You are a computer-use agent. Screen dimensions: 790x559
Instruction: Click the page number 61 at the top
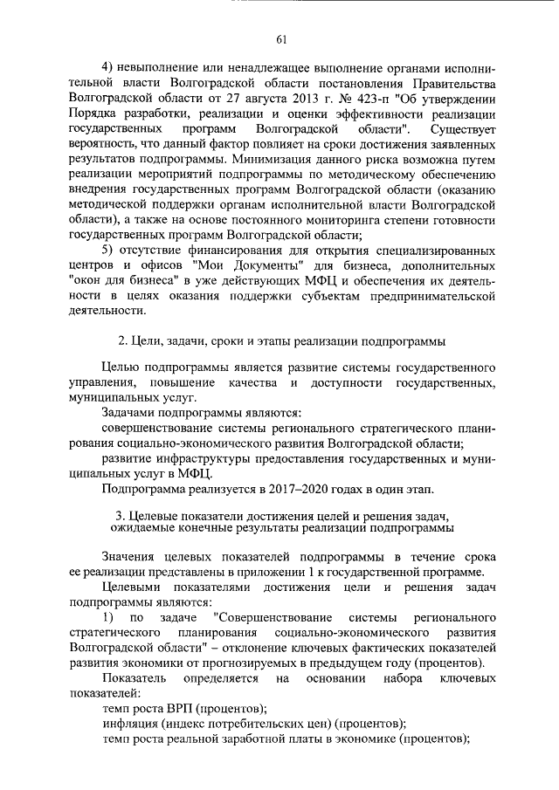pyautogui.click(x=280, y=38)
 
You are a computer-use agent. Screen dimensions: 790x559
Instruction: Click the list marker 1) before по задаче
pyautogui.click(x=108, y=617)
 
